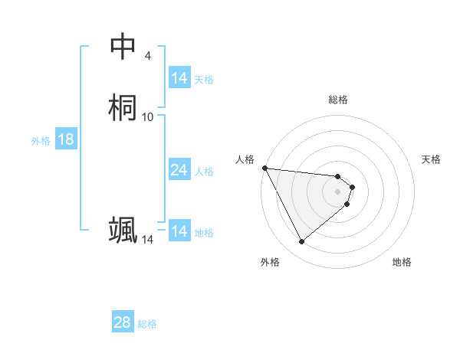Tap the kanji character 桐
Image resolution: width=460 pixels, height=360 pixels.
(x=123, y=107)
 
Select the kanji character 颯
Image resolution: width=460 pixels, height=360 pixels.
(x=123, y=231)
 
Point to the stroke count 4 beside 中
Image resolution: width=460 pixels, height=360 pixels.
(x=148, y=56)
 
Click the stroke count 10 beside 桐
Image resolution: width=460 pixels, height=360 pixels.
(x=148, y=116)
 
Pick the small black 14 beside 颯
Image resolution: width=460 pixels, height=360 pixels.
(x=148, y=240)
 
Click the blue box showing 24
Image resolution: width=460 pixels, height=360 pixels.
(x=179, y=170)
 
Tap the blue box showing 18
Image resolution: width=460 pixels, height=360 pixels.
(x=66, y=139)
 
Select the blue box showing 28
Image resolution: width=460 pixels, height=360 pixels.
(x=123, y=322)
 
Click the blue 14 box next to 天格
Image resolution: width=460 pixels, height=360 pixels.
(x=179, y=78)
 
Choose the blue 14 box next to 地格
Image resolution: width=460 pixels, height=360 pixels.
(x=179, y=231)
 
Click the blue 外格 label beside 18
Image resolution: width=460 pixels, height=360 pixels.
(x=41, y=140)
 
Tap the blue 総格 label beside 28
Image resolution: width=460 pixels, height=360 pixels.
(x=147, y=324)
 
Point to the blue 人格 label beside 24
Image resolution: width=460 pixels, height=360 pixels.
(x=205, y=171)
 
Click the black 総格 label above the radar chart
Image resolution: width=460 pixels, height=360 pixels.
(x=338, y=100)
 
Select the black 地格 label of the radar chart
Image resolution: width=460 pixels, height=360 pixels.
(x=402, y=263)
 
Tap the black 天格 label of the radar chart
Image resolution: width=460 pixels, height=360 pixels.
(x=432, y=159)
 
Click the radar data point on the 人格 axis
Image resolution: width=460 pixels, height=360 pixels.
(x=264, y=168)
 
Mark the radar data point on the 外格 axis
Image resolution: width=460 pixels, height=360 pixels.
(x=301, y=242)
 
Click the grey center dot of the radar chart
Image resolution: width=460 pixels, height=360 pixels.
(x=338, y=191)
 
